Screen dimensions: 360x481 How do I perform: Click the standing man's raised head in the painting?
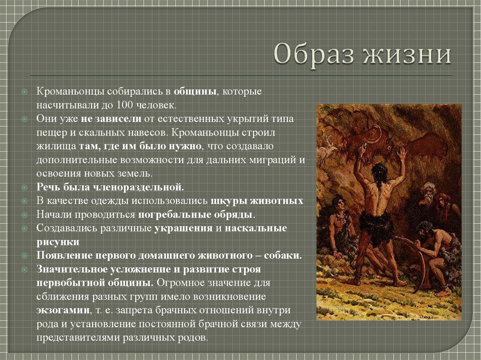(x=379, y=169)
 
